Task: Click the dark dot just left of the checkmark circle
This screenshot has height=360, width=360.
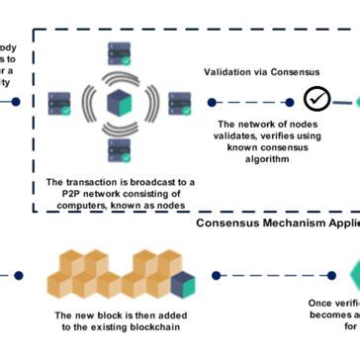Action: pos(291,101)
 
